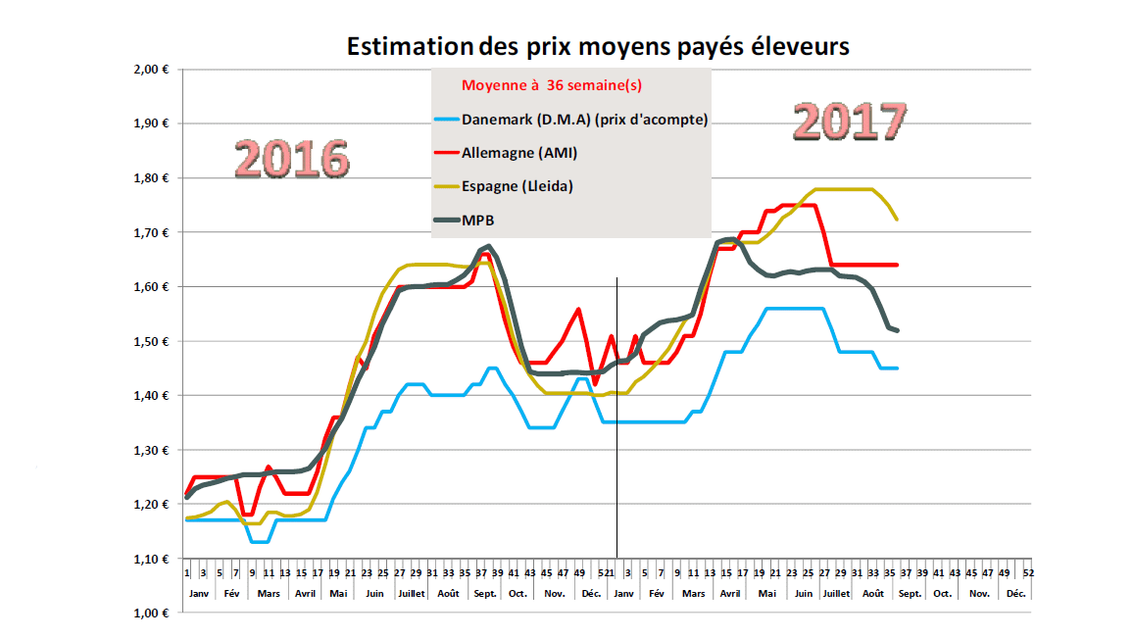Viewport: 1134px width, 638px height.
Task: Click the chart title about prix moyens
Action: tap(598, 45)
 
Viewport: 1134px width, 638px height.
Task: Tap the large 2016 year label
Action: tap(293, 158)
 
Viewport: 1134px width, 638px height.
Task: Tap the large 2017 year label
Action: tap(849, 121)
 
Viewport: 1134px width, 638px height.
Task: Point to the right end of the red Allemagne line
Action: tap(897, 265)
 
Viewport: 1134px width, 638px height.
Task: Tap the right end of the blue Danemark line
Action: tap(897, 368)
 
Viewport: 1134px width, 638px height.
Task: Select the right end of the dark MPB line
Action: tap(897, 330)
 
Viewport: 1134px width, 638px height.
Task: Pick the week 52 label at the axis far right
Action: tap(1026, 572)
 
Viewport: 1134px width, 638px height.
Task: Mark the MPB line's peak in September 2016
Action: tap(488, 246)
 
